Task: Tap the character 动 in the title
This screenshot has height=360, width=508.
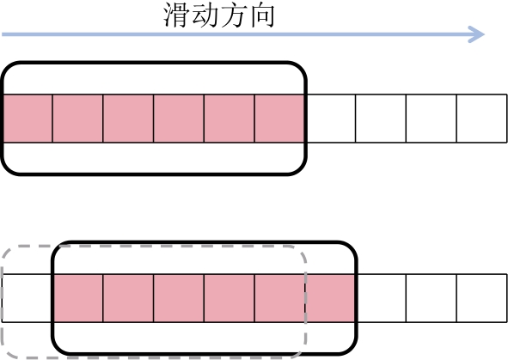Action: tap(205, 15)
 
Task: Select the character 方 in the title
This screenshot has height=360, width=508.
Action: tap(233, 15)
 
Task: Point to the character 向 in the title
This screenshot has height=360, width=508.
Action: tap(262, 15)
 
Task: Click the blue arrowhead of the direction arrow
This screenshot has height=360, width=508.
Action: tap(476, 34)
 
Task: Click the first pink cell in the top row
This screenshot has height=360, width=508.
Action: tap(28, 119)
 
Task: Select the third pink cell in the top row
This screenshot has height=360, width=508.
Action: tap(128, 119)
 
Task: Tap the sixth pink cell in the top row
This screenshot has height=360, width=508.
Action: tap(279, 119)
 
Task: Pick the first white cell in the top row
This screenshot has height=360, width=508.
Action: tap(331, 119)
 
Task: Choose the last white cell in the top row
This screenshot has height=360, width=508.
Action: tap(481, 119)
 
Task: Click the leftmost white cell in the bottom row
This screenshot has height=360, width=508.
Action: tap(28, 298)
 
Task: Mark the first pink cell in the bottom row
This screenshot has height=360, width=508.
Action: tap(78, 298)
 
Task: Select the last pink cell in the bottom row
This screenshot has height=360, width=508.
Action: tap(330, 298)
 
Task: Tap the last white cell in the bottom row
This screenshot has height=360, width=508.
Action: tap(481, 298)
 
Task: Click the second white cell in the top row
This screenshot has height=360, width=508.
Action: tap(381, 119)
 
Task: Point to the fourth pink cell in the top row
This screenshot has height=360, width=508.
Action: tap(179, 119)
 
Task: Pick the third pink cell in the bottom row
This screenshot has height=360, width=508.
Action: tap(179, 298)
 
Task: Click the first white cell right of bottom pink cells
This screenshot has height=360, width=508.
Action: tap(382, 298)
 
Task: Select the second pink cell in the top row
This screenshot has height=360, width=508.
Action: tap(77, 119)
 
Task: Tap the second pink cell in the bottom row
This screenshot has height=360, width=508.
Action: tap(128, 298)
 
